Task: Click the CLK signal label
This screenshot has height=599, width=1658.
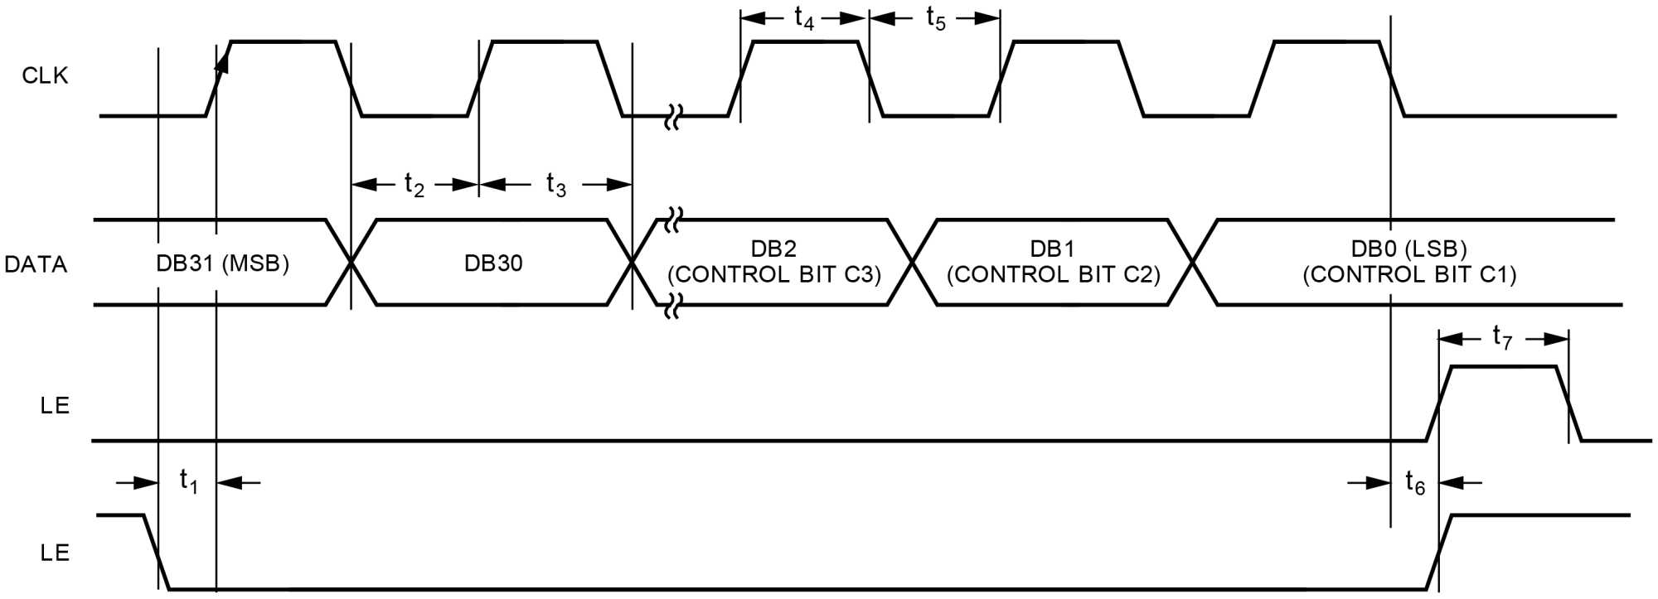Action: pos(45,75)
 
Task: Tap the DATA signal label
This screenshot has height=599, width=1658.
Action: pos(36,264)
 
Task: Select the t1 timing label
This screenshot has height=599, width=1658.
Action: pos(188,481)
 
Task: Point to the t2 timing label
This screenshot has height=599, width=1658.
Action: pos(414,184)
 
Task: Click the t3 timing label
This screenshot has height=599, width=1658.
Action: pos(556,184)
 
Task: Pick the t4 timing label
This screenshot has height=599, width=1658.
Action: pos(804,18)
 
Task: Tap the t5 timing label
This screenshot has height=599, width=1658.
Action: pos(935,18)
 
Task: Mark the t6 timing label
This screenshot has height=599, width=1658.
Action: pos(1415,482)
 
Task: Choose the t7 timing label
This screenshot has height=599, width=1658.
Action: pos(1502,337)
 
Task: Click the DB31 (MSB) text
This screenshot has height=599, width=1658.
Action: pos(222,263)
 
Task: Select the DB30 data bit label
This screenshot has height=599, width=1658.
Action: pos(493,263)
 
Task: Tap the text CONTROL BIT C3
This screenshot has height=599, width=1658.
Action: pos(774,275)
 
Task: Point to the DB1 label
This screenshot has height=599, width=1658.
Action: pos(1053,249)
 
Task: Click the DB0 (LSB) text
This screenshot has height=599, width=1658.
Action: pos(1409,249)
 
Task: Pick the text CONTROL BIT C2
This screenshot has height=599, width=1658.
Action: pos(1053,275)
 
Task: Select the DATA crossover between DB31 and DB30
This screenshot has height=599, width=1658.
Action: pos(351,263)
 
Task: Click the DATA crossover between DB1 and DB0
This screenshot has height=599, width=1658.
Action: pos(1192,263)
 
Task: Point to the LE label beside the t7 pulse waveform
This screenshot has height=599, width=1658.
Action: pos(55,406)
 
